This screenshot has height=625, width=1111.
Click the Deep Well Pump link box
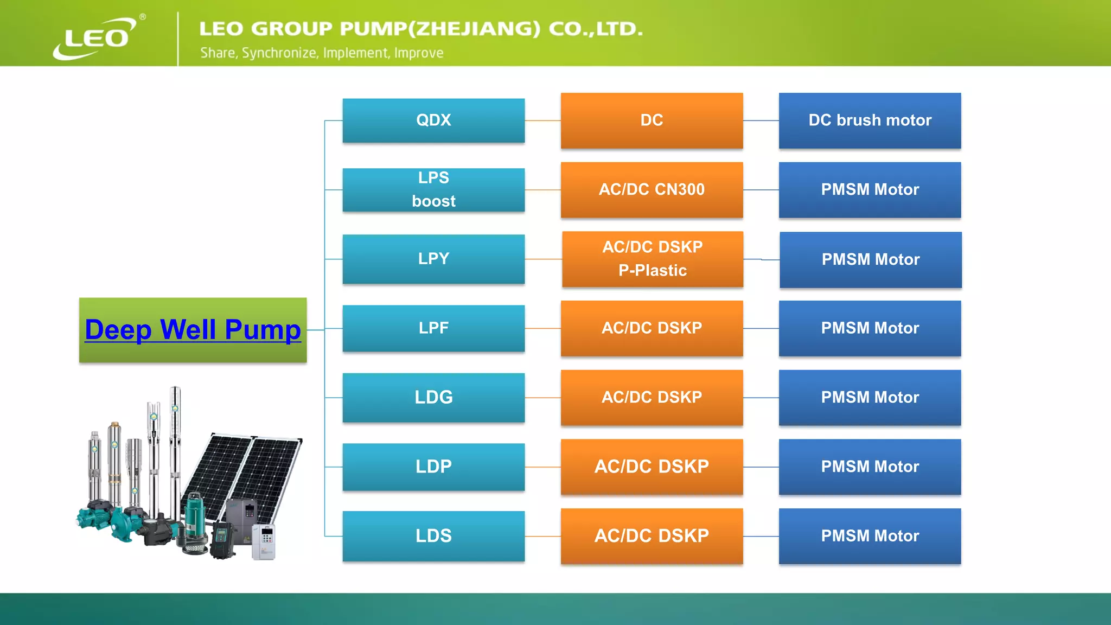[193, 330]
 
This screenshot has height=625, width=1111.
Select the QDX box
[433, 120]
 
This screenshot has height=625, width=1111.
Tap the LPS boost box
[433, 189]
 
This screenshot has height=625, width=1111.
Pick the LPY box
[433, 259]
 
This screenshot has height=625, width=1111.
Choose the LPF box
[433, 328]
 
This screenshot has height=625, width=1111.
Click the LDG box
[433, 397]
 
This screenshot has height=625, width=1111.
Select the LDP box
[433, 467]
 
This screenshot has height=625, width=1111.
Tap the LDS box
[433, 536]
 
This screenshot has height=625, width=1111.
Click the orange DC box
[652, 120]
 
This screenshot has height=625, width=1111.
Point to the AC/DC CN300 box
[652, 190]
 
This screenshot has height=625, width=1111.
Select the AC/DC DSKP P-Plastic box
[653, 259]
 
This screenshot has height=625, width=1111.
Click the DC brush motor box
[870, 120]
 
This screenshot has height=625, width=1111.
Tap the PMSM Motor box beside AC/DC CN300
[870, 190]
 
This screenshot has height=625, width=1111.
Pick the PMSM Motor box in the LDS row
[870, 536]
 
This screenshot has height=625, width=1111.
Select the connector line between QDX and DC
[542, 120]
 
